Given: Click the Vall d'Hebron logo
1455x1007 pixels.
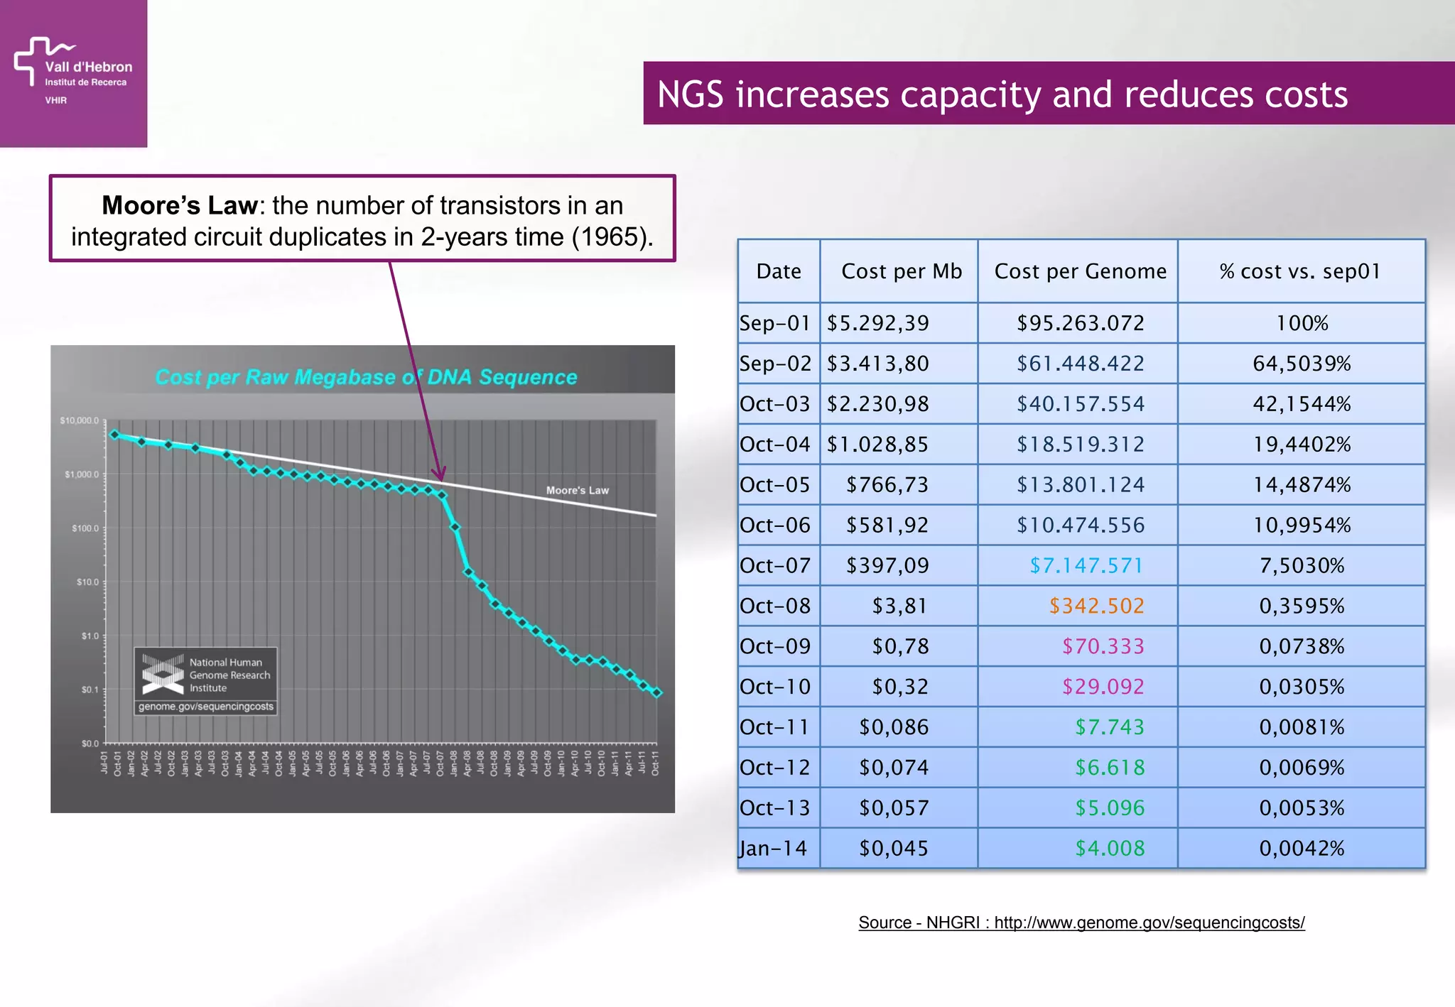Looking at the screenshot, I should [72, 70].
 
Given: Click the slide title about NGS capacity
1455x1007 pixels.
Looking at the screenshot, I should [1002, 94].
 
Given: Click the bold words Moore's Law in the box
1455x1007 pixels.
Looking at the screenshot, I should [179, 206].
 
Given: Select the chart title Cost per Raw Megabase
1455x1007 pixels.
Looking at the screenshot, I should [366, 377].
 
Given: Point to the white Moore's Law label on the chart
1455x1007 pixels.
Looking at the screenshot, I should [577, 491].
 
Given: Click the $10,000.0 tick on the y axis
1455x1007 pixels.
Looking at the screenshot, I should [79, 421].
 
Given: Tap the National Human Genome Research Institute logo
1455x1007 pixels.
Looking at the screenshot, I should [163, 674].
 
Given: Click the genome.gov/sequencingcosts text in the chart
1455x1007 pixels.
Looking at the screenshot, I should [205, 707].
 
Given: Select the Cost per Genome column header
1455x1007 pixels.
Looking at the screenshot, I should [1080, 271].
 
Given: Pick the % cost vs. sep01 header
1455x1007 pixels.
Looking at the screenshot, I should [1300, 271].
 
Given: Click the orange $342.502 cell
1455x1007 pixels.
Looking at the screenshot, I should [1096, 606].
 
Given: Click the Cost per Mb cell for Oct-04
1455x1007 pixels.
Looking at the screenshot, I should [877, 445].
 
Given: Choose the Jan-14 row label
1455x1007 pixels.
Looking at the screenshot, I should [773, 849].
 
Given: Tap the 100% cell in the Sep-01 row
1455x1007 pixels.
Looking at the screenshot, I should [1302, 324].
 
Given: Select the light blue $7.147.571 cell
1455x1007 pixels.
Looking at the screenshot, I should [1086, 566].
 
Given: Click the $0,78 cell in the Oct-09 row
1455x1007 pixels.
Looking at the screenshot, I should [899, 647].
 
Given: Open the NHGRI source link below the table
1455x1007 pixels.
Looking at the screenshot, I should [1081, 922].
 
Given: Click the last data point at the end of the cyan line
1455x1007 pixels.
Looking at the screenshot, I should [657, 693].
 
